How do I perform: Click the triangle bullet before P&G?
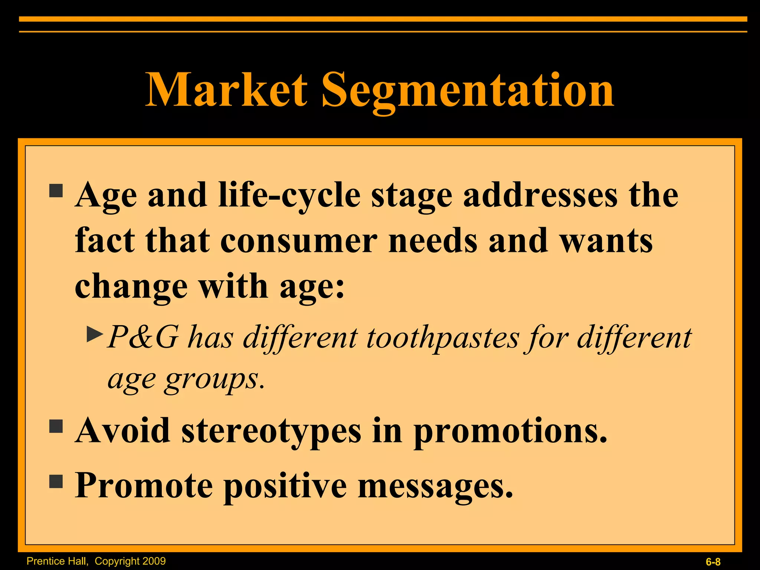pyautogui.click(x=94, y=334)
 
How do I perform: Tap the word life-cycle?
pyautogui.click(x=289, y=196)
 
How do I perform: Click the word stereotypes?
pyautogui.click(x=271, y=432)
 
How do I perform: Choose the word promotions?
pyautogui.click(x=510, y=432)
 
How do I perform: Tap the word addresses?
pyautogui.click(x=540, y=195)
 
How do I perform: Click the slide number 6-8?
pyautogui.click(x=713, y=562)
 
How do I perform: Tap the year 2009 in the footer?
pyautogui.click(x=154, y=561)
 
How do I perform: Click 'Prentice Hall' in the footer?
pyautogui.click(x=57, y=561)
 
